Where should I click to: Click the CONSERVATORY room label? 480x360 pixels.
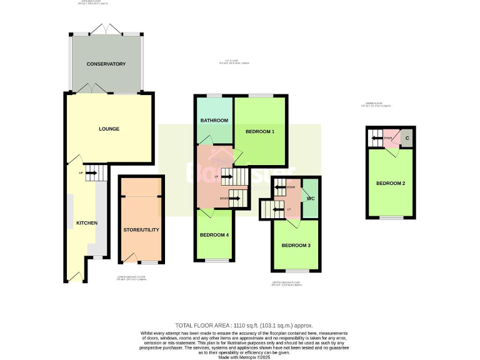(106, 64)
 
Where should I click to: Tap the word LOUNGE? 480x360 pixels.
(109, 129)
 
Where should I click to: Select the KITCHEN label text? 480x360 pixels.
(87, 222)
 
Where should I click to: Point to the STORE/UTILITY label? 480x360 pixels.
(141, 229)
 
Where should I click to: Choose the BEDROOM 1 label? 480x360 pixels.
(260, 131)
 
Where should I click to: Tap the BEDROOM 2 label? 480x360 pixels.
(391, 183)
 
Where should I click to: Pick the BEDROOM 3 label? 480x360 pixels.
(296, 246)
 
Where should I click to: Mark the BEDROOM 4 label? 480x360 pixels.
(214, 235)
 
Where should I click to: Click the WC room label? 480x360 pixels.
(310, 198)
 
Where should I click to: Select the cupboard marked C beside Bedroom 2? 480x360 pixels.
(407, 137)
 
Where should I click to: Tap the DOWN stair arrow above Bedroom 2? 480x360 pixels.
(377, 138)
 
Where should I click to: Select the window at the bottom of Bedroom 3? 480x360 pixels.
(296, 271)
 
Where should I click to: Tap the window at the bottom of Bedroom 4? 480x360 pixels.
(214, 260)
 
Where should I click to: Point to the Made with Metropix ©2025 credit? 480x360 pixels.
(240, 357)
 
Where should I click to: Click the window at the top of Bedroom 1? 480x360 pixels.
(260, 96)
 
